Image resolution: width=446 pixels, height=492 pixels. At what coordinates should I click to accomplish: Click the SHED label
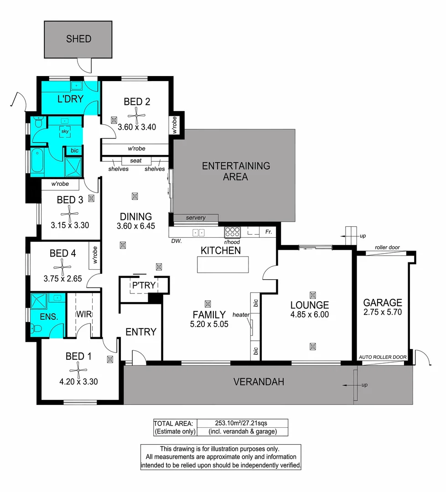click(x=78, y=39)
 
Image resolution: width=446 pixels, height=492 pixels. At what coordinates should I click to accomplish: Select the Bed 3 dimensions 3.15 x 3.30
click(x=69, y=224)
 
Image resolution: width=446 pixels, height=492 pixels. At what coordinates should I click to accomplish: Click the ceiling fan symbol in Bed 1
click(x=78, y=369)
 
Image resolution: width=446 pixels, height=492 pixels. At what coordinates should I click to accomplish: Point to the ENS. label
click(x=47, y=316)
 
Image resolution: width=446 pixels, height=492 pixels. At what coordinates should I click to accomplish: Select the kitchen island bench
click(x=223, y=265)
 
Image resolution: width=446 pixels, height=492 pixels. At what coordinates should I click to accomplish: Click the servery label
click(x=196, y=218)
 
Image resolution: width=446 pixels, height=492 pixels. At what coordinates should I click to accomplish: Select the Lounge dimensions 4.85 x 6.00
click(x=310, y=315)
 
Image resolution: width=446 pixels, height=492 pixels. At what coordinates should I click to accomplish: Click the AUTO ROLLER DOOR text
click(x=381, y=357)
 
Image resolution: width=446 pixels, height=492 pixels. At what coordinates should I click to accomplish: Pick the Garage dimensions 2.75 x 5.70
click(x=383, y=313)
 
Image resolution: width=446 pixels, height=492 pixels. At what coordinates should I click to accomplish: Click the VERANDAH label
click(x=259, y=382)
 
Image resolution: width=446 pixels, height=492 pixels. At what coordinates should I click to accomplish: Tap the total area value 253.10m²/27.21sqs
click(x=241, y=423)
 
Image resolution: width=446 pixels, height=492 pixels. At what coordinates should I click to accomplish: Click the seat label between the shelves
click(x=136, y=161)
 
